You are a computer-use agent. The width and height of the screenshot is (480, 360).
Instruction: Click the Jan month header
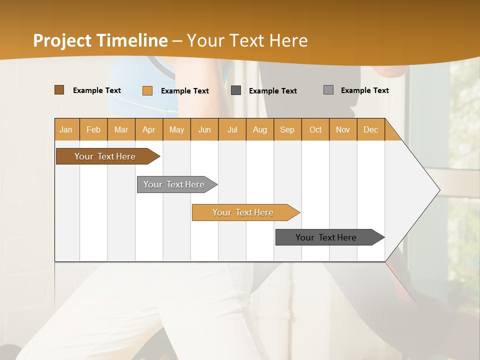click(x=66, y=129)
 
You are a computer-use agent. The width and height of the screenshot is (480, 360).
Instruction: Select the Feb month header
click(x=93, y=129)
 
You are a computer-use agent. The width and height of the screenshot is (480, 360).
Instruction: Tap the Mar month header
click(x=121, y=129)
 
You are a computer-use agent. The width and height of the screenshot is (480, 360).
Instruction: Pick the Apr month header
click(x=149, y=129)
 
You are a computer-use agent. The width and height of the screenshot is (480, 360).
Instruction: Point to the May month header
click(x=176, y=129)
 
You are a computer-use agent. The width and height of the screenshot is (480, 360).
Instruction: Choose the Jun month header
click(x=204, y=129)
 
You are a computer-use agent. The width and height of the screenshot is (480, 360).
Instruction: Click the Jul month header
click(x=232, y=129)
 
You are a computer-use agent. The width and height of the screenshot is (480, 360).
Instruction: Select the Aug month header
click(x=260, y=129)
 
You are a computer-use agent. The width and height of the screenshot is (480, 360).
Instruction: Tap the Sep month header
click(x=287, y=129)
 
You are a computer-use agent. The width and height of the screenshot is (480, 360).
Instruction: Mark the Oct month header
click(x=315, y=129)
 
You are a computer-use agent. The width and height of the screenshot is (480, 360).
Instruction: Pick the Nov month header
click(x=343, y=129)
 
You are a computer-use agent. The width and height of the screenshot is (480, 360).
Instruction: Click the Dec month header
click(x=371, y=129)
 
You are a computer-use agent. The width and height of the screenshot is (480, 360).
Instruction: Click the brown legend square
click(x=59, y=90)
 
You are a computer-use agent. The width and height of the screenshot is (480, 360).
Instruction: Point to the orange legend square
click(x=147, y=90)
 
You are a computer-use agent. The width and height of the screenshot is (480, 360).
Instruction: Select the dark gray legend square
click(x=236, y=90)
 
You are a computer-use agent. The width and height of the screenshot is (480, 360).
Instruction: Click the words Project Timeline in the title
click(x=100, y=40)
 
